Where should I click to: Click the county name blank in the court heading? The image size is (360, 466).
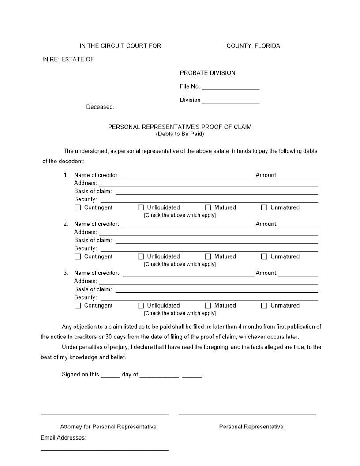194,47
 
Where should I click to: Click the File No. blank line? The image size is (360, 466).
230,87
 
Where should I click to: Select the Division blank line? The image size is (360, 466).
230,101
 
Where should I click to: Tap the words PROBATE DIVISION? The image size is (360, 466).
207,73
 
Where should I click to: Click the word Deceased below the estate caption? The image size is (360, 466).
100,107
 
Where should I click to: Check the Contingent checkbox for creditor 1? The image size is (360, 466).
78,207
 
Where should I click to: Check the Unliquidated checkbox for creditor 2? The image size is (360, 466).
141,256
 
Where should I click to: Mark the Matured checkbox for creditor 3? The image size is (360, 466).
208,305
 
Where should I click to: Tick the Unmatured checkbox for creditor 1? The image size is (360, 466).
264,207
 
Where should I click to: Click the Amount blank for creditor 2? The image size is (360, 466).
297,225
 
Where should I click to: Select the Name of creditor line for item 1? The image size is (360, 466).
188,176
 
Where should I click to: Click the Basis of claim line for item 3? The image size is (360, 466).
216,290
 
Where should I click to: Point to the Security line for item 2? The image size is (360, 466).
209,249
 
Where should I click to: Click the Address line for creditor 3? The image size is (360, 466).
208,282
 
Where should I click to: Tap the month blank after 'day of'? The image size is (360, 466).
159,375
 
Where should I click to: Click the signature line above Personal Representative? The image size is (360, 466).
247,414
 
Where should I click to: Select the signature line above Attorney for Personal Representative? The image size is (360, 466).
105,414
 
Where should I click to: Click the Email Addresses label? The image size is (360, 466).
64,438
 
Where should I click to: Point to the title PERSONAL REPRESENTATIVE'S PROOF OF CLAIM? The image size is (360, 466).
180,127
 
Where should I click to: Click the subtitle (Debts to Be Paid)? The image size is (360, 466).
180,134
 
